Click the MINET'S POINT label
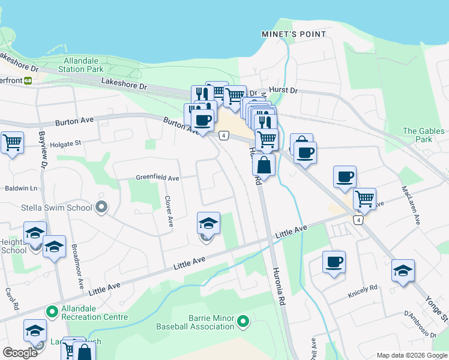pos(294,34)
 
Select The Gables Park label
pos(424,135)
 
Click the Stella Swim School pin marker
pos(101,208)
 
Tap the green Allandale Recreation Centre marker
pos(52,311)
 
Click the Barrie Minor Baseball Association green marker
pos(243,322)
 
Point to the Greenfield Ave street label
pos(157,178)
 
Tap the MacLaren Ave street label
pos(409,205)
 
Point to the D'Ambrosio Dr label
pos(420,323)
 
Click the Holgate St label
pos(64,143)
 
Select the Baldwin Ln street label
pos(21,188)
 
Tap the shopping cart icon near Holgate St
pos(11,143)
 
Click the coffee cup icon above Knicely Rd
pos(334,262)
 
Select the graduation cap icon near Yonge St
pos(402,270)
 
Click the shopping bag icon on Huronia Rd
pos(264,164)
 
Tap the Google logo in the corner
pos(20,353)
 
